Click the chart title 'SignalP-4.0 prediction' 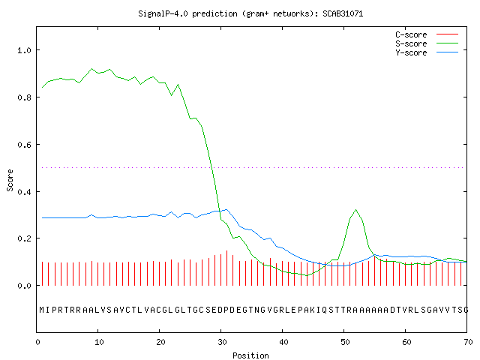187,13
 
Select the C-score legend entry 427,34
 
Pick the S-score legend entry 427,43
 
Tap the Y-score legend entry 427,52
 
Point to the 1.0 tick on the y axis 24,50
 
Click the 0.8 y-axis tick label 24,97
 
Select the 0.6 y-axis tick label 24,145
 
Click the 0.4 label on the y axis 24,192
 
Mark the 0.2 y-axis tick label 24,238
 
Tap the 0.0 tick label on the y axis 24,286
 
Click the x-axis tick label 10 99,342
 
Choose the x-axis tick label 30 222,342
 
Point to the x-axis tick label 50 345,342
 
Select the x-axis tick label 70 468,342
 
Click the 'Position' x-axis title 250,355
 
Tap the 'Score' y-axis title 10,180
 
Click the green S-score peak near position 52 355,210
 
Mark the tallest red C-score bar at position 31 226,268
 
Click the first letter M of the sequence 42,310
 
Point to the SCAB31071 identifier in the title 343,13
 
